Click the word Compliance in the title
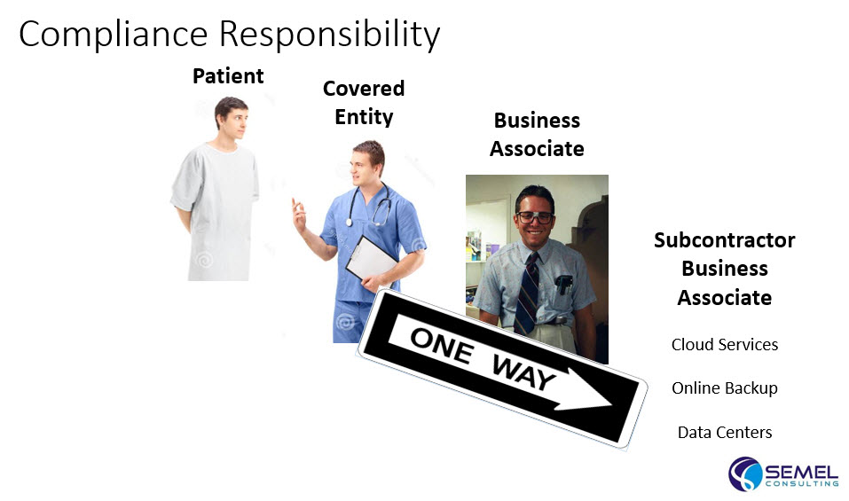114,35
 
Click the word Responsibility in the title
330,35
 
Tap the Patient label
228,75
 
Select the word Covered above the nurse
364,88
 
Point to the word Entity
364,117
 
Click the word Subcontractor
725,239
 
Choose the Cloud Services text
725,344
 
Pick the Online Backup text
725,387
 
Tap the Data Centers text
725,433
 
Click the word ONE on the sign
441,345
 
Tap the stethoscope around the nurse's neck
369,207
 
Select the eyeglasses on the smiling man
534,217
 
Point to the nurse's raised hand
298,215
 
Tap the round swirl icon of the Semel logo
745,474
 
